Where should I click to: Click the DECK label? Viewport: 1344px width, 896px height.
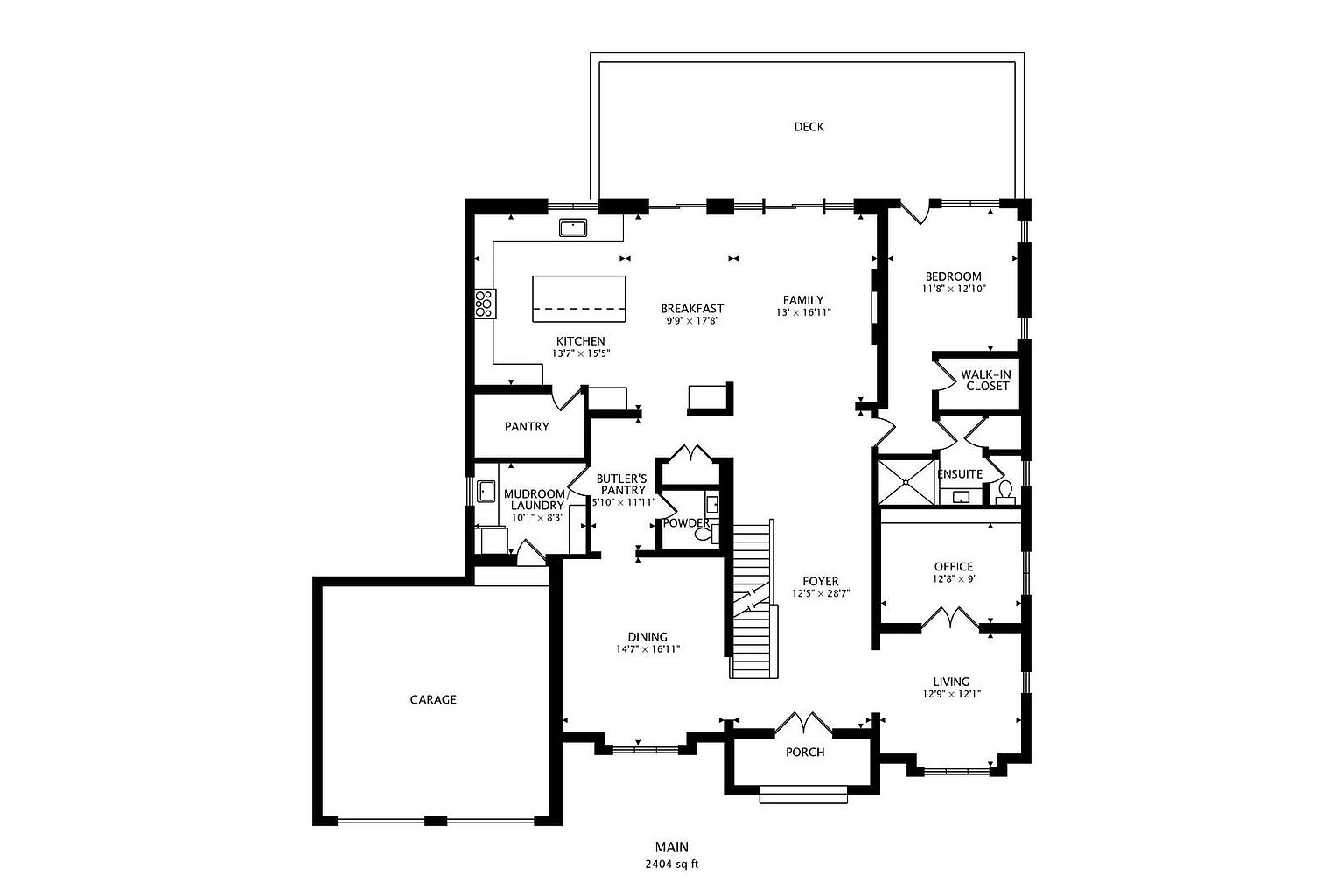(x=808, y=127)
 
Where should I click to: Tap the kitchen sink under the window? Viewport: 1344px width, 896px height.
(x=574, y=228)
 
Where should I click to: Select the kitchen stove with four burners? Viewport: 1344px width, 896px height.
(x=484, y=304)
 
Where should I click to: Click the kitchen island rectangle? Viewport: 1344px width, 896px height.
(x=579, y=298)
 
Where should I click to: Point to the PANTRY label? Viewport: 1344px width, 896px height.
(x=527, y=427)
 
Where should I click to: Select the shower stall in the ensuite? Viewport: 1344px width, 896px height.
(x=906, y=481)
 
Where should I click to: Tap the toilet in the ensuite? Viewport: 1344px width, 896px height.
(x=1005, y=492)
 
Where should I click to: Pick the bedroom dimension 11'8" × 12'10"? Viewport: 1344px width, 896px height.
(x=954, y=289)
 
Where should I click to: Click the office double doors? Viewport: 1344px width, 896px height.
(x=950, y=618)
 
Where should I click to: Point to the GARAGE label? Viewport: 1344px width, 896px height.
(x=433, y=700)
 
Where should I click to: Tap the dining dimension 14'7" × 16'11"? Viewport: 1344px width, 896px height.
(x=647, y=649)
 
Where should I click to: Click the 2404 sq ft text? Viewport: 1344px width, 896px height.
(x=671, y=864)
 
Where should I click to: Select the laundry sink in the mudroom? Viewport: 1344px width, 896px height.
(x=486, y=491)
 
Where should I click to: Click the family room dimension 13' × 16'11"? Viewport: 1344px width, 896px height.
(x=803, y=312)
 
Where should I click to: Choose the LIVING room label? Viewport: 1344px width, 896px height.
(x=951, y=682)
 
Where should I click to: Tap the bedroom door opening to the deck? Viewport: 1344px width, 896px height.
(x=915, y=213)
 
